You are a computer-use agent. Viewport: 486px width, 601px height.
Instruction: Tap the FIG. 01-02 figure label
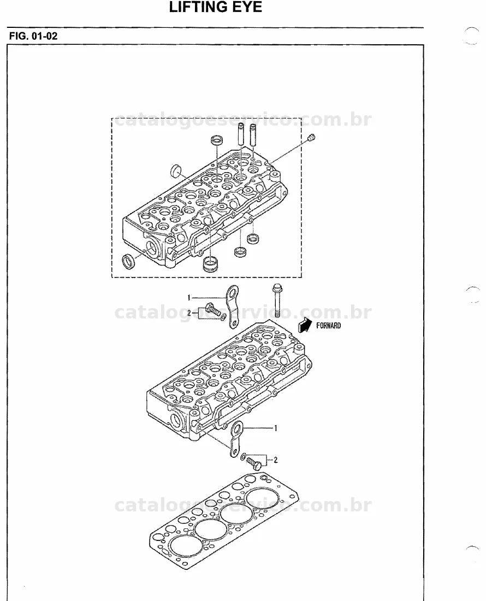click(33, 36)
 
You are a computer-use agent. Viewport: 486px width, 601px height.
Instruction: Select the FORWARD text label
click(328, 326)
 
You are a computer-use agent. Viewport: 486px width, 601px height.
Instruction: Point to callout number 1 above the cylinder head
click(189, 297)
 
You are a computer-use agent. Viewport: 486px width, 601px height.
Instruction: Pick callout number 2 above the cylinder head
click(189, 313)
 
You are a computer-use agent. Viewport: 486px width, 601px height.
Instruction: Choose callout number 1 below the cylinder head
click(275, 428)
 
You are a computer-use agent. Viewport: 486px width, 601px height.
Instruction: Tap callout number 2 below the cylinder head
click(275, 459)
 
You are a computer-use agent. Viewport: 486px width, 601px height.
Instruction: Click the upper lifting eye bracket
click(232, 307)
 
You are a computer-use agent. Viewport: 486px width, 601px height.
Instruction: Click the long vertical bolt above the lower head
click(277, 301)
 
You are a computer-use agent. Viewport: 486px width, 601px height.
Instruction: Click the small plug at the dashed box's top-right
click(312, 138)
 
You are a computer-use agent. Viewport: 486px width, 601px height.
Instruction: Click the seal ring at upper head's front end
click(128, 261)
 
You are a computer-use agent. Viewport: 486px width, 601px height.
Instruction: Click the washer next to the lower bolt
click(244, 456)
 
